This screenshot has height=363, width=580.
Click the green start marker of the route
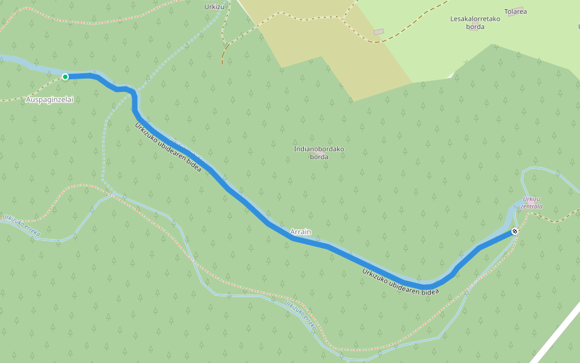click(65, 77)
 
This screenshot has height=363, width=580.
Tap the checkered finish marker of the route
click(515, 231)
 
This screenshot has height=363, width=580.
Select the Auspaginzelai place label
click(50, 99)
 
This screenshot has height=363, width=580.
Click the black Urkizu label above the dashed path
click(214, 7)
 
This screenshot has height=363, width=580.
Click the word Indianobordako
click(318, 149)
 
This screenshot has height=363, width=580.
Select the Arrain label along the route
click(300, 232)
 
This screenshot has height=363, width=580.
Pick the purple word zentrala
click(532, 206)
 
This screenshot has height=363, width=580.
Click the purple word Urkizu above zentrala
click(531, 199)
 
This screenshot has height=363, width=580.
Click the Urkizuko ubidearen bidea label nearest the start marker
click(167, 149)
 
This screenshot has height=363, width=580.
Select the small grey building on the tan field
click(379, 31)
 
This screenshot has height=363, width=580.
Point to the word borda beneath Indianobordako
click(318, 157)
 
